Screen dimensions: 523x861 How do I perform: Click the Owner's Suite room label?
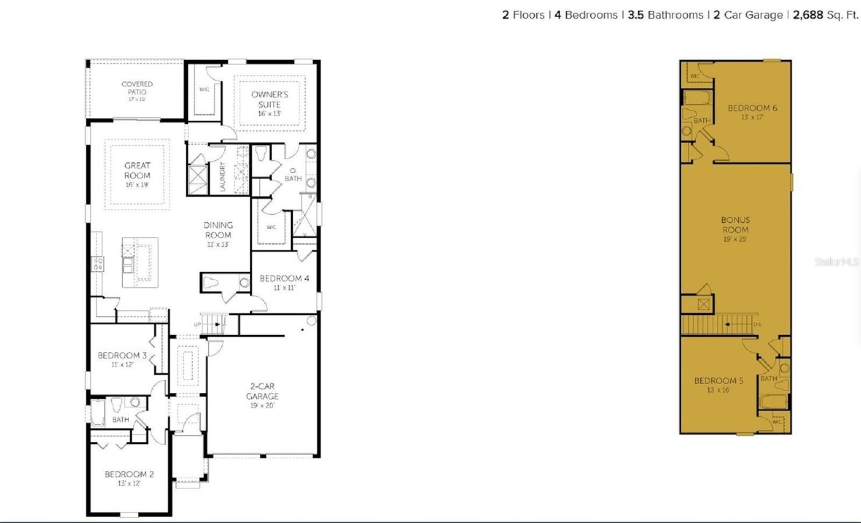[x=270, y=100]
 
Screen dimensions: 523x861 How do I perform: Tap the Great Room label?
[x=137, y=171]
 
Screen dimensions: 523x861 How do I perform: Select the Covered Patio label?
[x=137, y=88]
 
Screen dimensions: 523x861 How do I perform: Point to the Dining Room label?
[x=218, y=230]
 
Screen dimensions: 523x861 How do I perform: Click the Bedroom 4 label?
[x=284, y=279]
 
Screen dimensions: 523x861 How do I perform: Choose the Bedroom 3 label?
[x=122, y=356]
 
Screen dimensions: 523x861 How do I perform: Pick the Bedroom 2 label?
[x=129, y=475]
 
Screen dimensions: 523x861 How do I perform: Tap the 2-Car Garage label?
[x=263, y=391]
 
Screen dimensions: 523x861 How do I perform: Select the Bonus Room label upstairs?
[x=736, y=225]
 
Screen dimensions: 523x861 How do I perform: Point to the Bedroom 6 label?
[x=752, y=108]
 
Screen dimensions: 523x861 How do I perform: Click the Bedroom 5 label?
[x=718, y=381]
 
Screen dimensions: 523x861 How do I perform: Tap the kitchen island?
[x=140, y=262]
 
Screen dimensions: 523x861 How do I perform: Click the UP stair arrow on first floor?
[x=217, y=324]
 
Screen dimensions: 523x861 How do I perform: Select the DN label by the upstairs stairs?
[x=757, y=324]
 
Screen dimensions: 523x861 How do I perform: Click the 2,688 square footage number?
[x=808, y=15]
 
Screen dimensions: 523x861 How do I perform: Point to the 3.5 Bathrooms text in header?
[x=665, y=15]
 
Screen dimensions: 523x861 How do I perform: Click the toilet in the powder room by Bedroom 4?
[x=211, y=282]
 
